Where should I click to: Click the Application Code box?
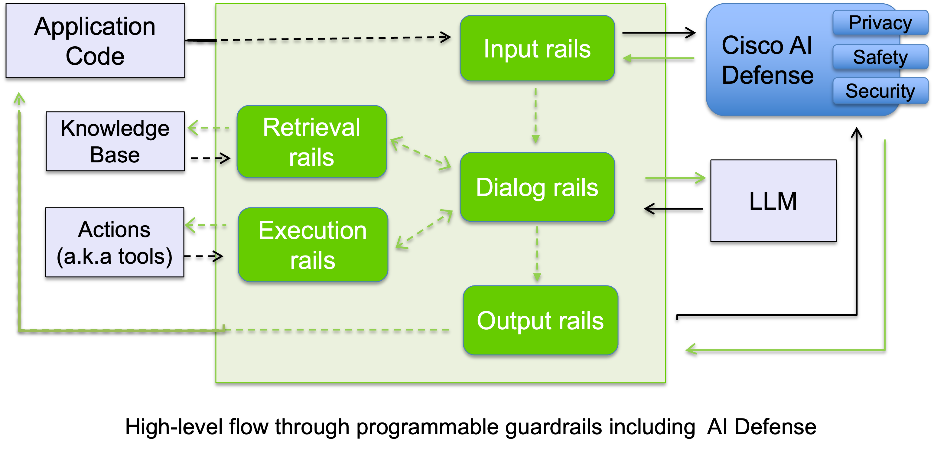[x=95, y=41]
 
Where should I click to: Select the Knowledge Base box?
[x=115, y=141]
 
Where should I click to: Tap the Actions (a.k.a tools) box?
[x=115, y=242]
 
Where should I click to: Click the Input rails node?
[x=537, y=48]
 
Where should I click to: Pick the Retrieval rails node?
[x=311, y=142]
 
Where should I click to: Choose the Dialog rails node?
[x=537, y=187]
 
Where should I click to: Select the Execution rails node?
[x=313, y=245]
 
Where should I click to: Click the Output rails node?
[x=540, y=320]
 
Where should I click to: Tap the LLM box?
[x=773, y=200]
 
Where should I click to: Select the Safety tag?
[x=880, y=57]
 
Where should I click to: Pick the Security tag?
[x=880, y=91]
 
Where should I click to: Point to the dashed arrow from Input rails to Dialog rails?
[x=535, y=115]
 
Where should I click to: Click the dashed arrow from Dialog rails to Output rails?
[x=537, y=254]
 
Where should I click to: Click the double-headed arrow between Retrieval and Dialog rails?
[x=421, y=153]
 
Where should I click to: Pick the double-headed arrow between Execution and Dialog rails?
[x=424, y=229]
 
